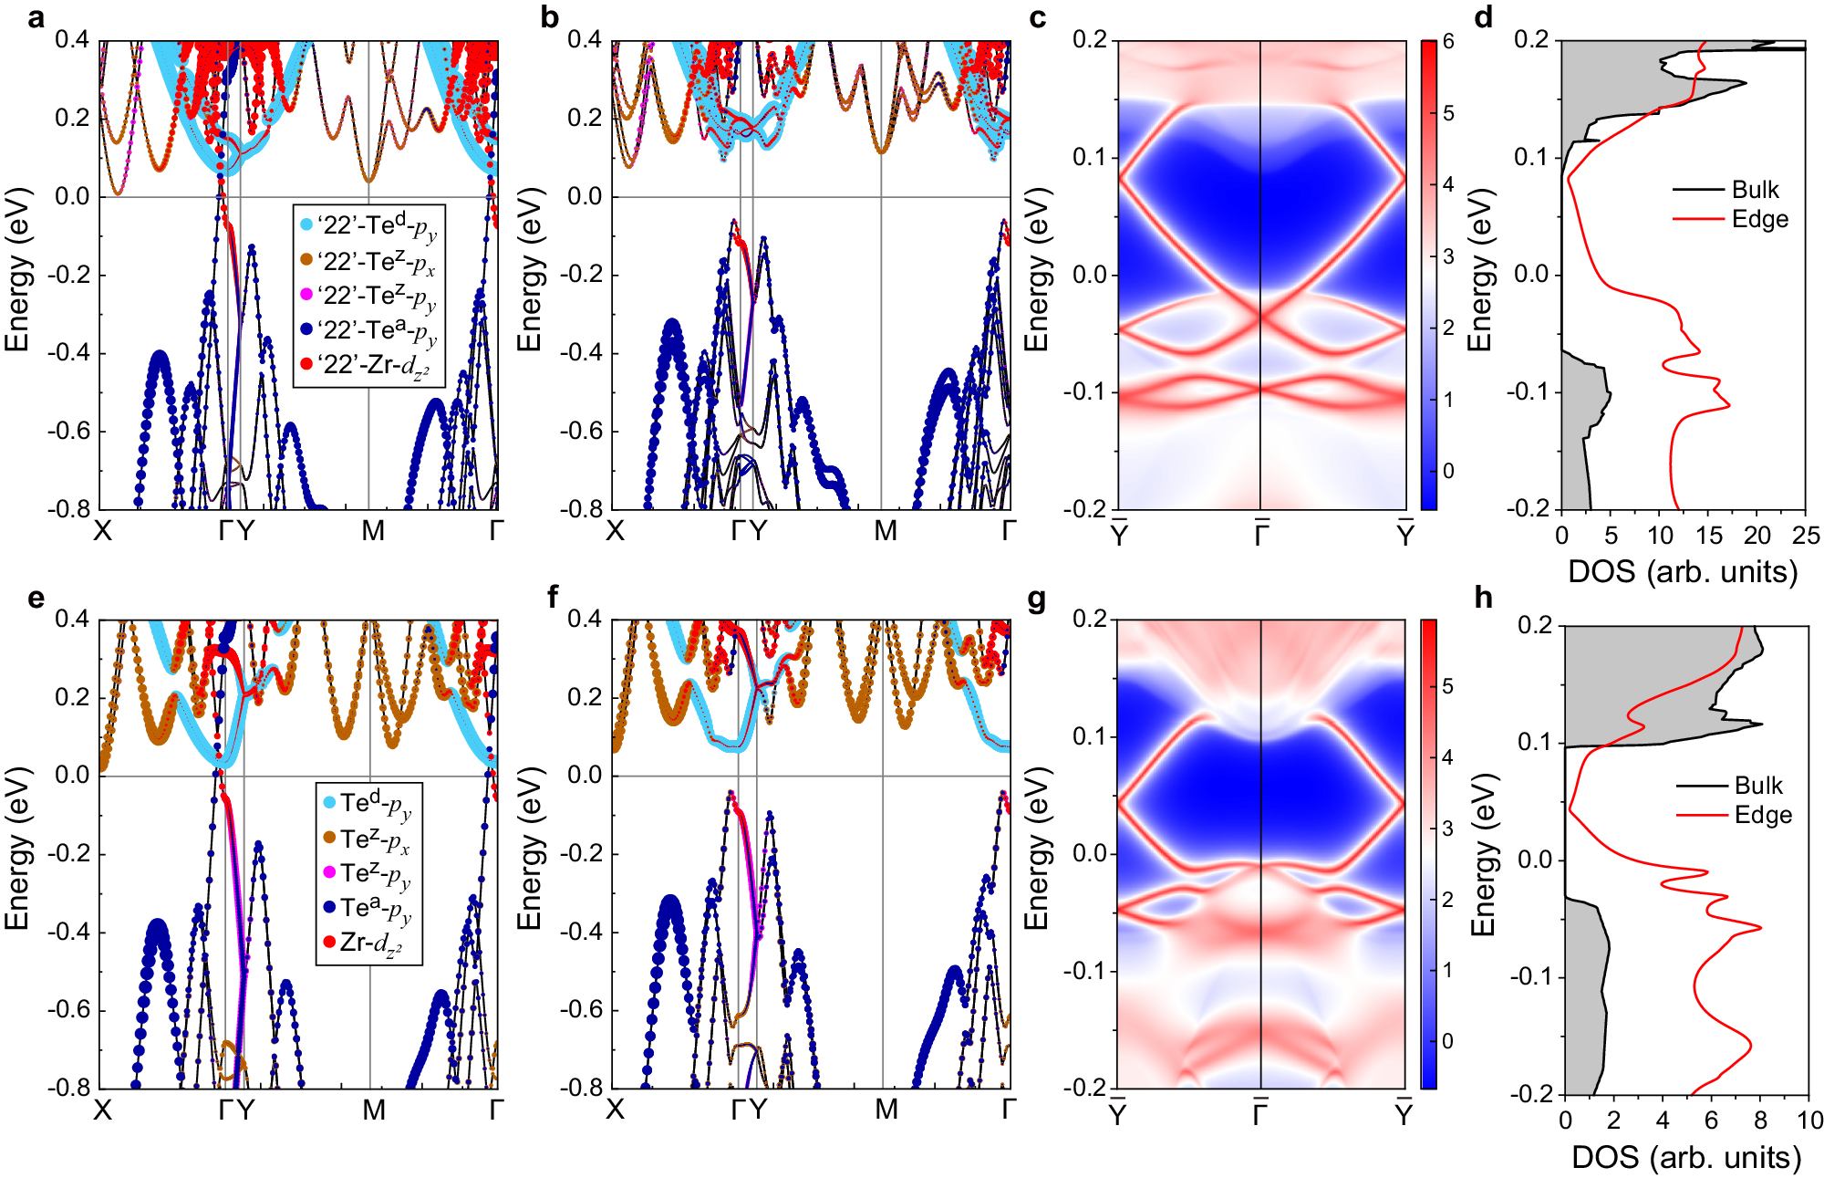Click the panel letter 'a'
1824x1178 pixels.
36,17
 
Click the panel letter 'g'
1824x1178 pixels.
1036,600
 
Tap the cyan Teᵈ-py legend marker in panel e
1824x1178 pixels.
330,803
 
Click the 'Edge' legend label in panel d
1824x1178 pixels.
1759,219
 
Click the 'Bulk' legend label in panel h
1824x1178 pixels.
1758,786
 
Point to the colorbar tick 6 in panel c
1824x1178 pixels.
1448,42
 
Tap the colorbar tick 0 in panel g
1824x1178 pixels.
1447,1041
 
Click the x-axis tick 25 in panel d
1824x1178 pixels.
1805,536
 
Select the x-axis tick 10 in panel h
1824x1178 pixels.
1809,1121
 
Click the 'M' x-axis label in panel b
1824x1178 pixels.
886,531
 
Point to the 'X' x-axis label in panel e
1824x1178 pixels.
102,1110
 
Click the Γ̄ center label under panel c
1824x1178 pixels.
1261,534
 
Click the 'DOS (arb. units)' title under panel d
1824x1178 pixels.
1683,572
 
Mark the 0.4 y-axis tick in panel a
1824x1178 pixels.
72,39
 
